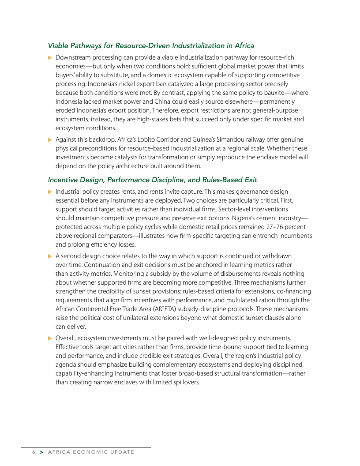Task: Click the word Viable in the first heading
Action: [x=58, y=45]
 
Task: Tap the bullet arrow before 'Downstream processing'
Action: [x=50, y=57]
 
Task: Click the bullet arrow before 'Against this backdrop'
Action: [x=50, y=140]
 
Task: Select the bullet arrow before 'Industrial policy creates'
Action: [x=50, y=192]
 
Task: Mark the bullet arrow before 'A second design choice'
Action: [x=50, y=256]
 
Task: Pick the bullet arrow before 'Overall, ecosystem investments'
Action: [x=50, y=338]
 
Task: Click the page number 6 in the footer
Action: [x=33, y=452]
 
